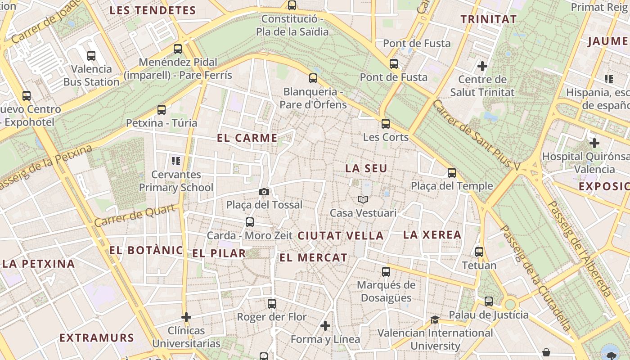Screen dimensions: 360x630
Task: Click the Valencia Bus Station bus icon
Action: coord(91,56)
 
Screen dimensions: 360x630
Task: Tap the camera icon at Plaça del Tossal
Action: coord(264,192)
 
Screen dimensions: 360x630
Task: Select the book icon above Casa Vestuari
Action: coord(363,199)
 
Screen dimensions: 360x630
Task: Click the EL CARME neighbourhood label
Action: coord(247,138)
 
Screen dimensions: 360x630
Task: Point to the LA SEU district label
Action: coord(366,169)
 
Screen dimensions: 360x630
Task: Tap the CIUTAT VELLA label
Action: coord(341,236)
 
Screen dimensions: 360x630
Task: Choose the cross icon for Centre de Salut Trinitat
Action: coord(482,67)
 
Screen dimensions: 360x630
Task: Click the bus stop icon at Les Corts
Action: coord(386,124)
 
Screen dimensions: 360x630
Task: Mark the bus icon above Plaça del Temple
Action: coord(452,173)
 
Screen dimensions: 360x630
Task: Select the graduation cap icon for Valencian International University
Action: coord(435,320)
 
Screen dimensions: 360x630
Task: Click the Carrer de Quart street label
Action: coord(135,216)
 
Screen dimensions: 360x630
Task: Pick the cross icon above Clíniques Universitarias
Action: coord(186,317)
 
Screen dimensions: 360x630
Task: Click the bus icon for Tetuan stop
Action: coord(479,252)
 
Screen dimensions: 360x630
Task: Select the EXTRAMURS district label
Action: coord(97,338)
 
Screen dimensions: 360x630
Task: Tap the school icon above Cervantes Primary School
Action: coord(176,161)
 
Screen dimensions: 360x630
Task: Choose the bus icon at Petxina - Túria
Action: coord(162,110)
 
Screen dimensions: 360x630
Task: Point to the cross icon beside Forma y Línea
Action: coord(325,326)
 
